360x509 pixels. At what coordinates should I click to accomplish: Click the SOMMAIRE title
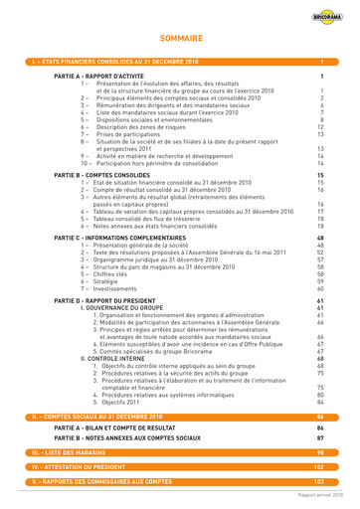pos(180,42)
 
